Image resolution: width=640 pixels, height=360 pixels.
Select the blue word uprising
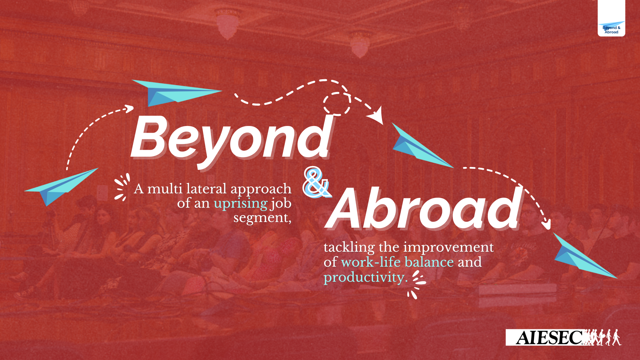point(240,203)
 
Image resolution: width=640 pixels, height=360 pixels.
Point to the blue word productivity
point(365,277)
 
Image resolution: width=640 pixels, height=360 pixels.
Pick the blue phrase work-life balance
point(397,262)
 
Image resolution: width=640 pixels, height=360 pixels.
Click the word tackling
point(349,247)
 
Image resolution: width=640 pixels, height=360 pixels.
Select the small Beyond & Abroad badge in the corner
point(611,28)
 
